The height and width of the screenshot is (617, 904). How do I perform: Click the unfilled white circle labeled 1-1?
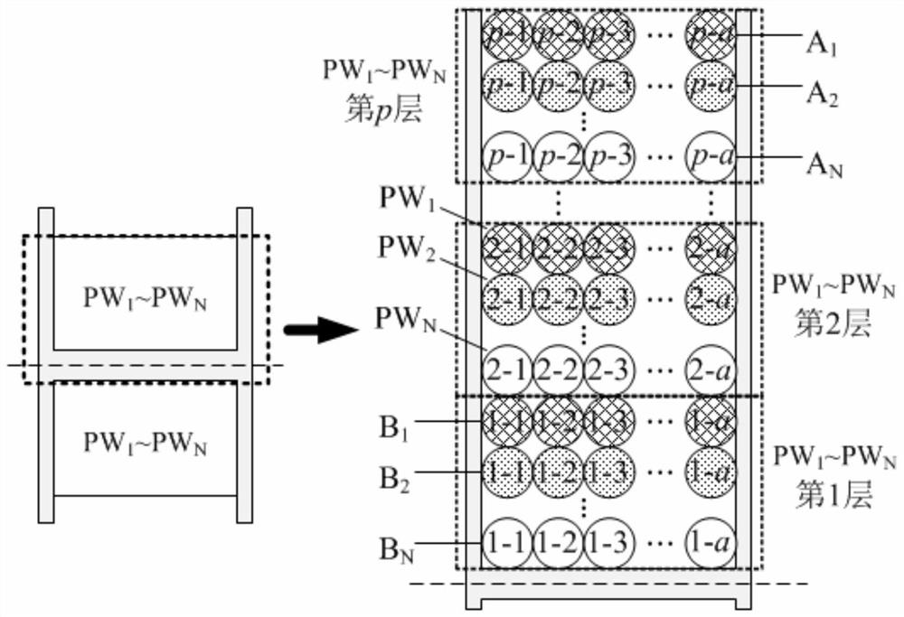(x=508, y=544)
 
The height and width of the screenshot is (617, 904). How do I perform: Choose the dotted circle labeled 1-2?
(x=559, y=471)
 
